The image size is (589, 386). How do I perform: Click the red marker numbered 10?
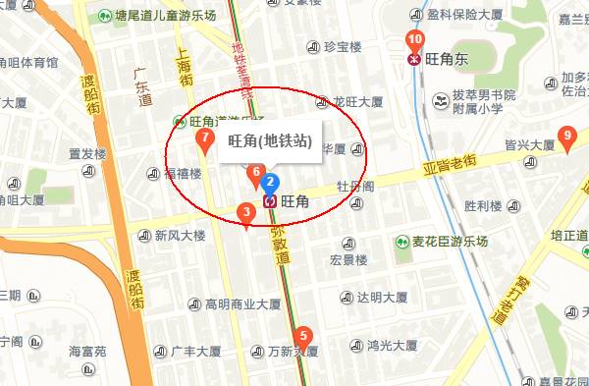(x=414, y=41)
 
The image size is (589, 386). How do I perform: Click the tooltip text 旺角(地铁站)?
(x=270, y=142)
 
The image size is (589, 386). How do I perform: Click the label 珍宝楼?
(x=342, y=46)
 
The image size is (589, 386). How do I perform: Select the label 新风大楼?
(x=180, y=236)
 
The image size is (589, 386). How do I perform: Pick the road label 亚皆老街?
(x=449, y=160)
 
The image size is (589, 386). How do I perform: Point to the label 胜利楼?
(x=482, y=206)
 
